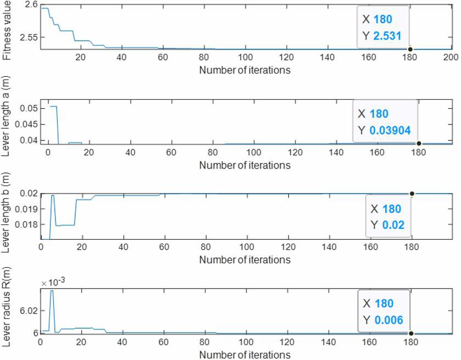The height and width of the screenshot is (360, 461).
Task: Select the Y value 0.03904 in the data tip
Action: tap(390, 131)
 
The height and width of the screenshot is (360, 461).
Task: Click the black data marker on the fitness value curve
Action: tap(409, 49)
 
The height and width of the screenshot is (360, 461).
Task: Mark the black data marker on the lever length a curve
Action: tap(419, 144)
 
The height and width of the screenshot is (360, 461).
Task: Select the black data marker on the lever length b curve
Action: tap(412, 193)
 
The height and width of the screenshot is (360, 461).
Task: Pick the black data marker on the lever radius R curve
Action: tap(411, 333)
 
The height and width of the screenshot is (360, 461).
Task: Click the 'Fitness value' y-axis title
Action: tap(7, 30)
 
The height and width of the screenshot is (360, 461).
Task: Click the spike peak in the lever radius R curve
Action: tap(52, 291)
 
